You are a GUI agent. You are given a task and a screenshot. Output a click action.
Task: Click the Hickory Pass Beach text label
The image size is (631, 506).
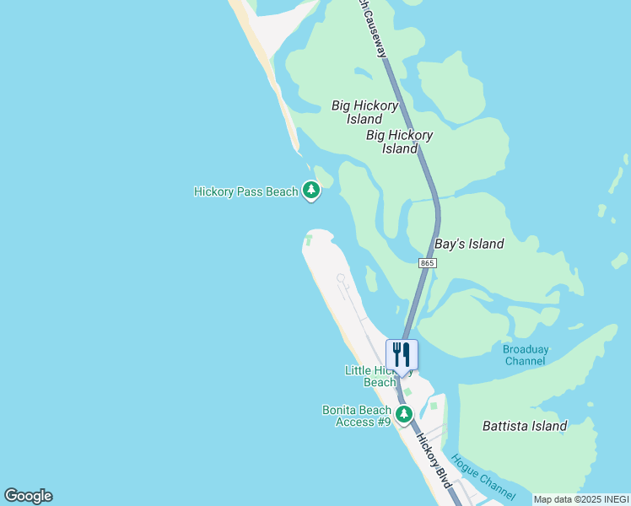point(245,191)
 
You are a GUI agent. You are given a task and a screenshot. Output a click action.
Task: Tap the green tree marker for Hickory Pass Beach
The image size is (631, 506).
point(311,191)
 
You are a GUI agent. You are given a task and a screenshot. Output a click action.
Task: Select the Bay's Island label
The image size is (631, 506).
point(469,244)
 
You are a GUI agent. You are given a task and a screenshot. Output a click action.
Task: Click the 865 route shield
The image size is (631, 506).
point(427,263)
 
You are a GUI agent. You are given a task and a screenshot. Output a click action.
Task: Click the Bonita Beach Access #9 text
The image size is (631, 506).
point(357,416)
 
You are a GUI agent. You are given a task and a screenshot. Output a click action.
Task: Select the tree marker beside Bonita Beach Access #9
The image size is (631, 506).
point(404,414)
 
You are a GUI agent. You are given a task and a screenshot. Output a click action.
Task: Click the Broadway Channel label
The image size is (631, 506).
point(525,355)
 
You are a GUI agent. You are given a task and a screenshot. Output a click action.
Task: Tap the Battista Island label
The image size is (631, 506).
point(525,426)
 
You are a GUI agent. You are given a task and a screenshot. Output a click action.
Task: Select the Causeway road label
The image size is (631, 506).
point(376,30)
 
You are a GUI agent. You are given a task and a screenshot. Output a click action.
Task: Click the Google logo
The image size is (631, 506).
point(28,496)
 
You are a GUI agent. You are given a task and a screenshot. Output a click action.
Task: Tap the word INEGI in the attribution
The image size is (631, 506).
point(615,499)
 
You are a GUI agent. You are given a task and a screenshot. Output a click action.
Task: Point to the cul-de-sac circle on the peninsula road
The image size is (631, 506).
point(341,277)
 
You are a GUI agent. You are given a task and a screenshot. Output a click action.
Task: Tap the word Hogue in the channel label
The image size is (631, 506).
point(466,465)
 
